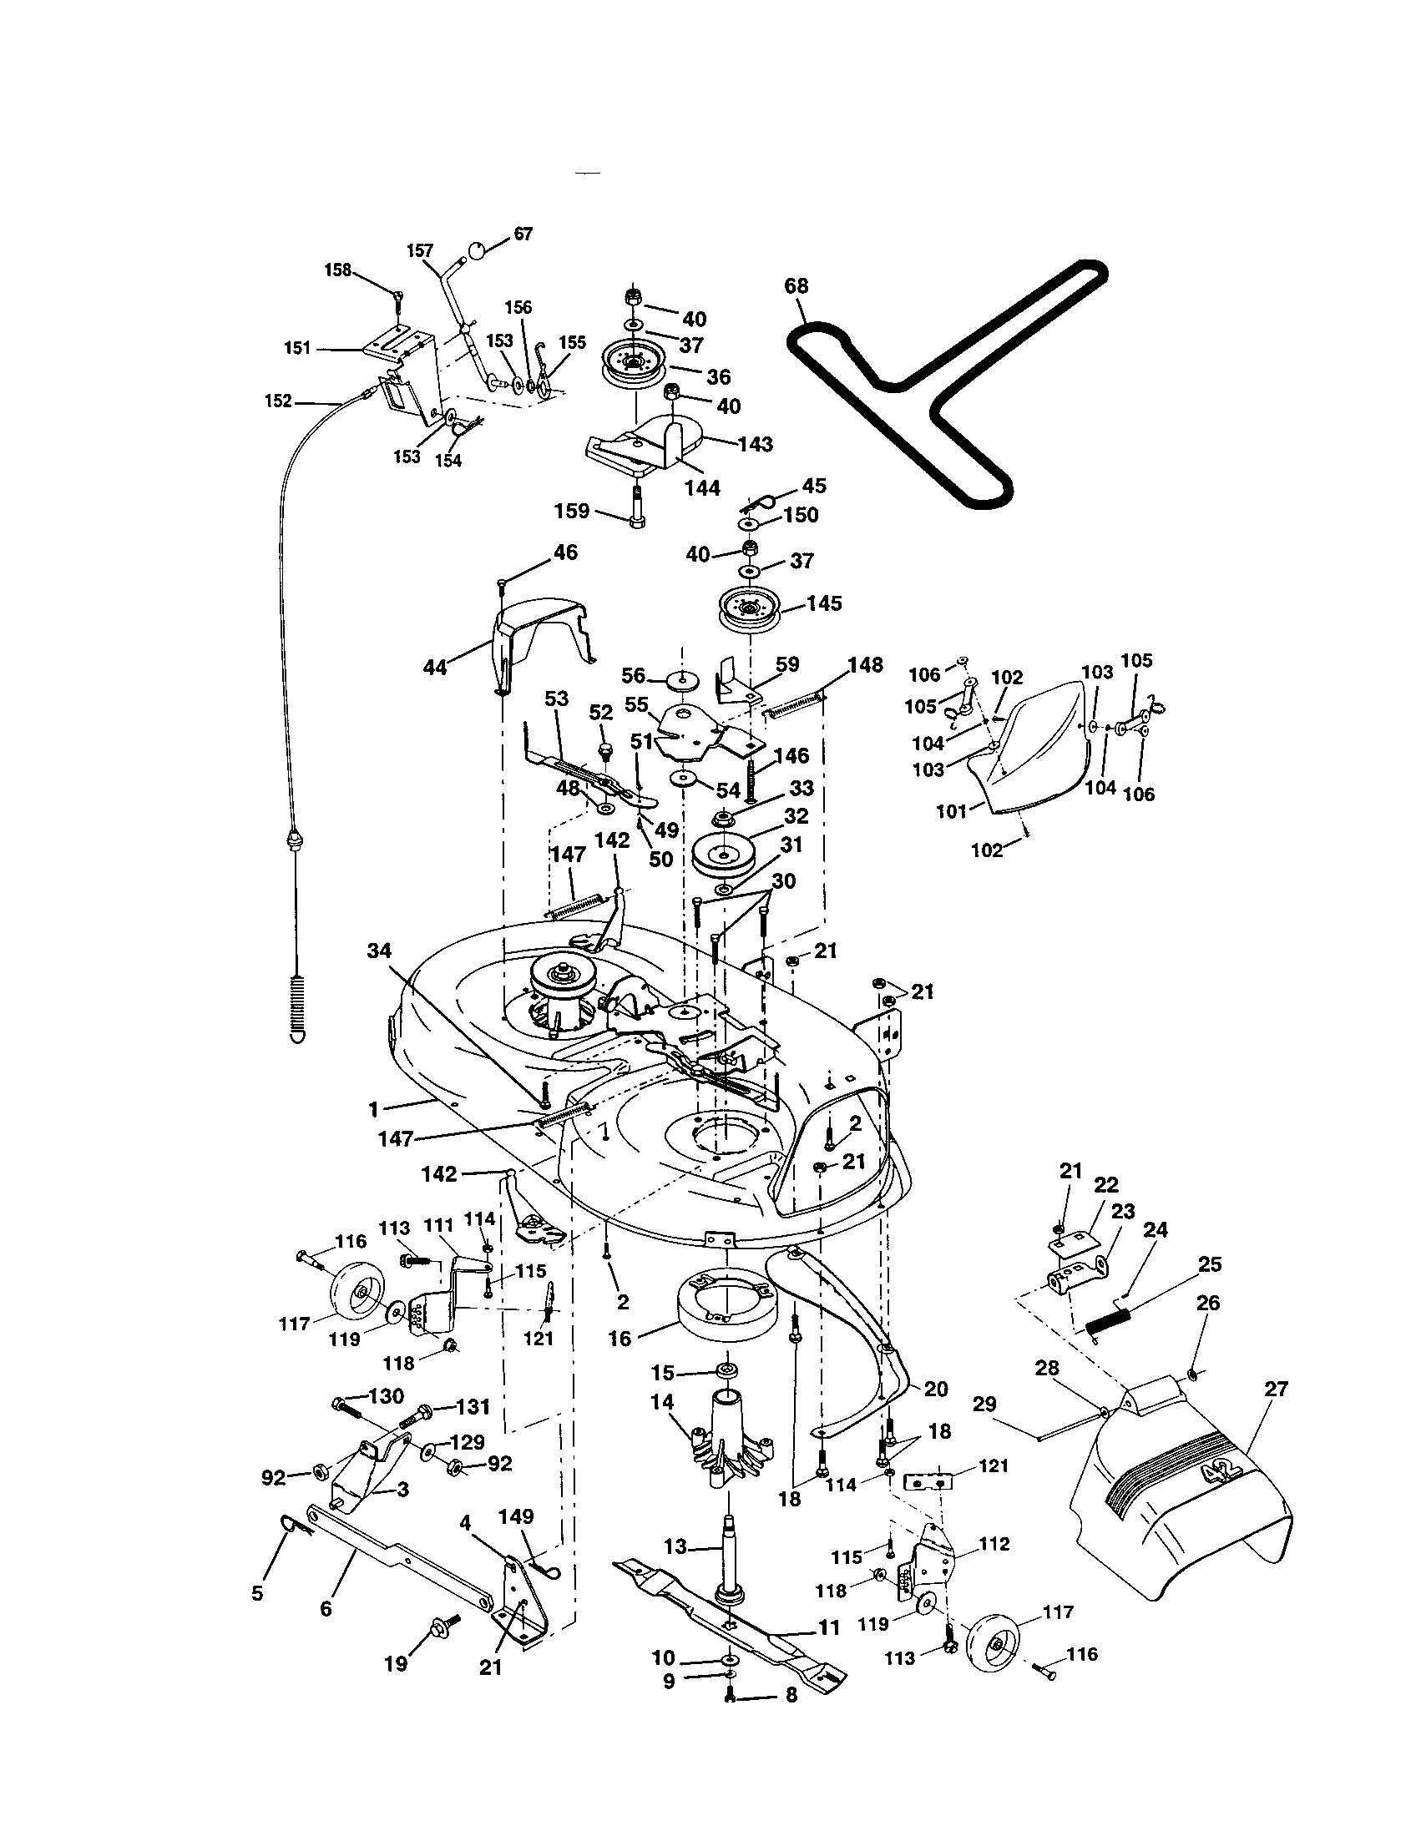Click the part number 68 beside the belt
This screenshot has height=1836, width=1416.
click(796, 285)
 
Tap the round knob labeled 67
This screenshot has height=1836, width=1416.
click(476, 250)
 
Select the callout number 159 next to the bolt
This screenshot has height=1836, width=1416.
click(572, 510)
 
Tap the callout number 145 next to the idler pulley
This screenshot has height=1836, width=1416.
click(823, 603)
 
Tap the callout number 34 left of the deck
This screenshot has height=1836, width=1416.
click(379, 951)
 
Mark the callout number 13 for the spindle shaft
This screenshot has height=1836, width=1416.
click(675, 1546)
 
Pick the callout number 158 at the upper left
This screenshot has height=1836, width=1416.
click(337, 270)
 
